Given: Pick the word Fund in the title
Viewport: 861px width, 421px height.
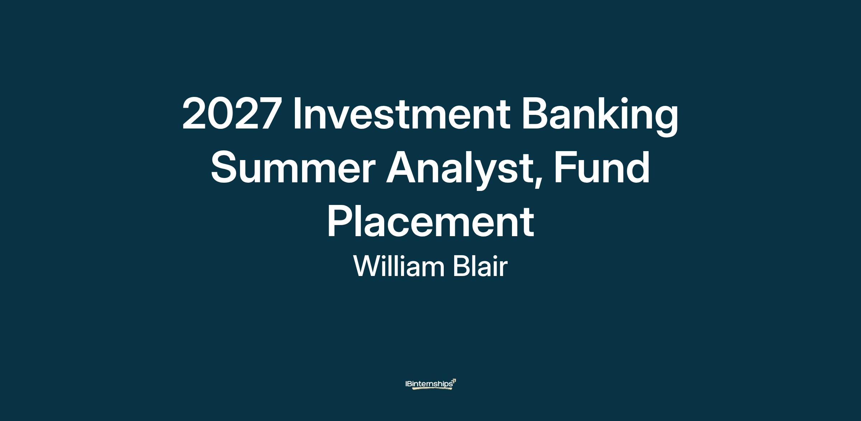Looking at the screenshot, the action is pyautogui.click(x=602, y=167).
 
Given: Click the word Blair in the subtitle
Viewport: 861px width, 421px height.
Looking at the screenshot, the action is pyautogui.click(x=480, y=266).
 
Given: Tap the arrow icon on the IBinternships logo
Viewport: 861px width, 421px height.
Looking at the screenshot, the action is pyautogui.click(x=454, y=381).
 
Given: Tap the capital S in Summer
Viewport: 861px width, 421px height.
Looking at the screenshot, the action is pyautogui.click(x=224, y=168).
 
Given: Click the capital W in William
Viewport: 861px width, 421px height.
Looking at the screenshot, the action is pyautogui.click(x=368, y=266).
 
